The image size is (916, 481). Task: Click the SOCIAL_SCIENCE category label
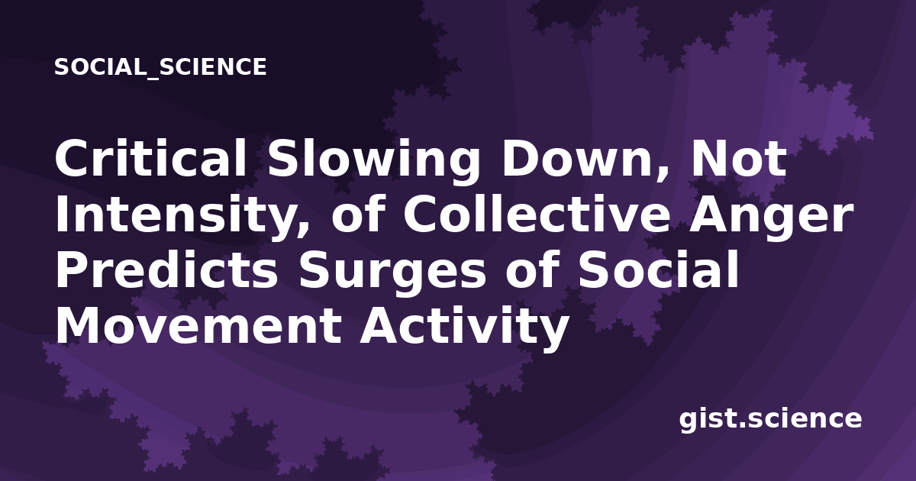tap(160, 67)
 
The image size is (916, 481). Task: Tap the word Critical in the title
tap(151, 158)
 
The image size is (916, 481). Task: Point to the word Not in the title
tap(738, 159)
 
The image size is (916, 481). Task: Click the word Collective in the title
tap(537, 213)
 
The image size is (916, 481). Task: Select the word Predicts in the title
tap(166, 270)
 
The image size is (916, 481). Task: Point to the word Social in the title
tap(658, 270)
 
